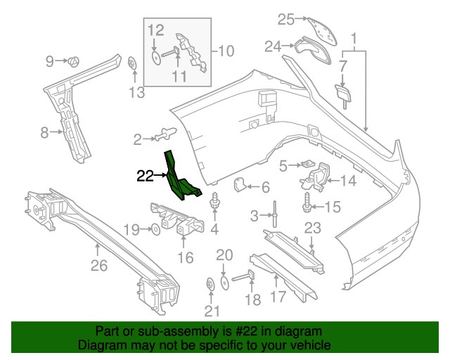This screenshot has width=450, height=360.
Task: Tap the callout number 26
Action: coord(98,266)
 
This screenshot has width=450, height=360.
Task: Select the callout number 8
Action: coord(44,131)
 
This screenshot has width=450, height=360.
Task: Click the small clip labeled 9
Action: coord(75,62)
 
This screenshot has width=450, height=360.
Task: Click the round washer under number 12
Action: coord(155,57)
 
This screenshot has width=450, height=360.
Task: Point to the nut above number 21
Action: coord(210,285)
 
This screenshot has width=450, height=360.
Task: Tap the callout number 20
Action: coord(224,254)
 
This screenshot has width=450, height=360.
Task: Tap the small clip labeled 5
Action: coord(307,164)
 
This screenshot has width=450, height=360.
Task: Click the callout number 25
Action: coord(284,18)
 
